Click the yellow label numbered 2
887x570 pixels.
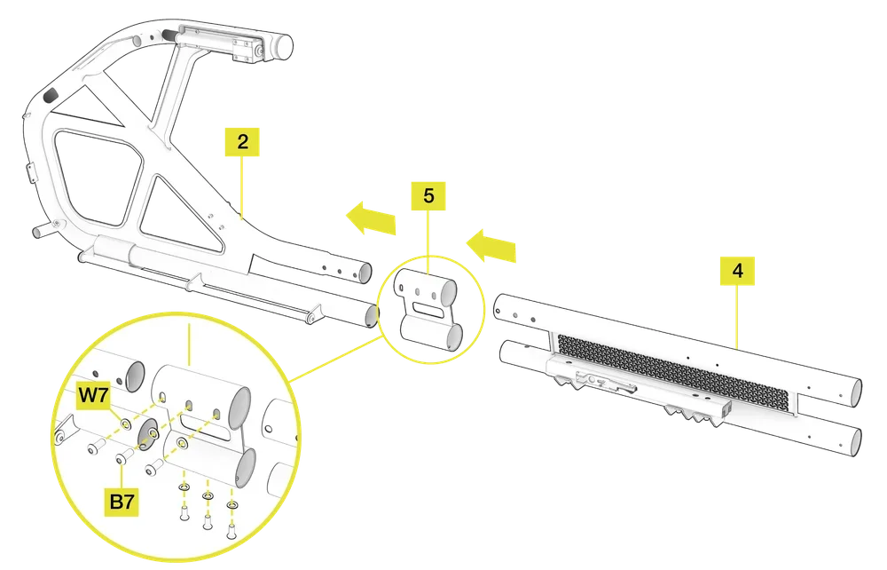243,141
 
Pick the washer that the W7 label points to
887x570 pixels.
126,424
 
